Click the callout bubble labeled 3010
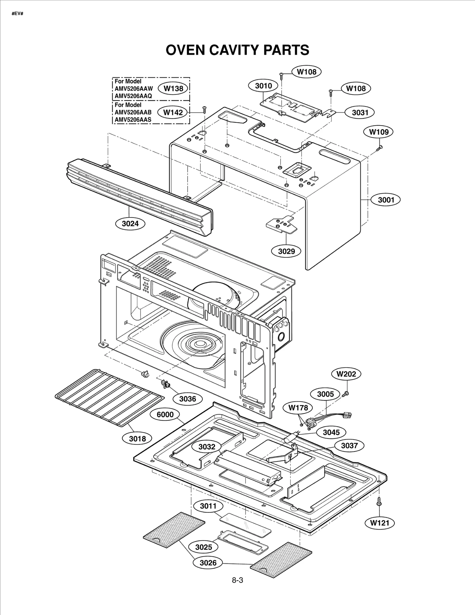tap(263, 86)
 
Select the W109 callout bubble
tap(379, 132)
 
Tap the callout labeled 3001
tap(386, 200)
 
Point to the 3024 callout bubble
tap(130, 224)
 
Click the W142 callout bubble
tap(173, 112)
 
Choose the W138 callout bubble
tap(173, 88)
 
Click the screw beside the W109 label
tap(379, 148)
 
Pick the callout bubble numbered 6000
tap(165, 414)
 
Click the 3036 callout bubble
tap(188, 399)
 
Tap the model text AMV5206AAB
tap(133, 112)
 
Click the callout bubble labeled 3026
tap(208, 563)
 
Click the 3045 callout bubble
tap(331, 432)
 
